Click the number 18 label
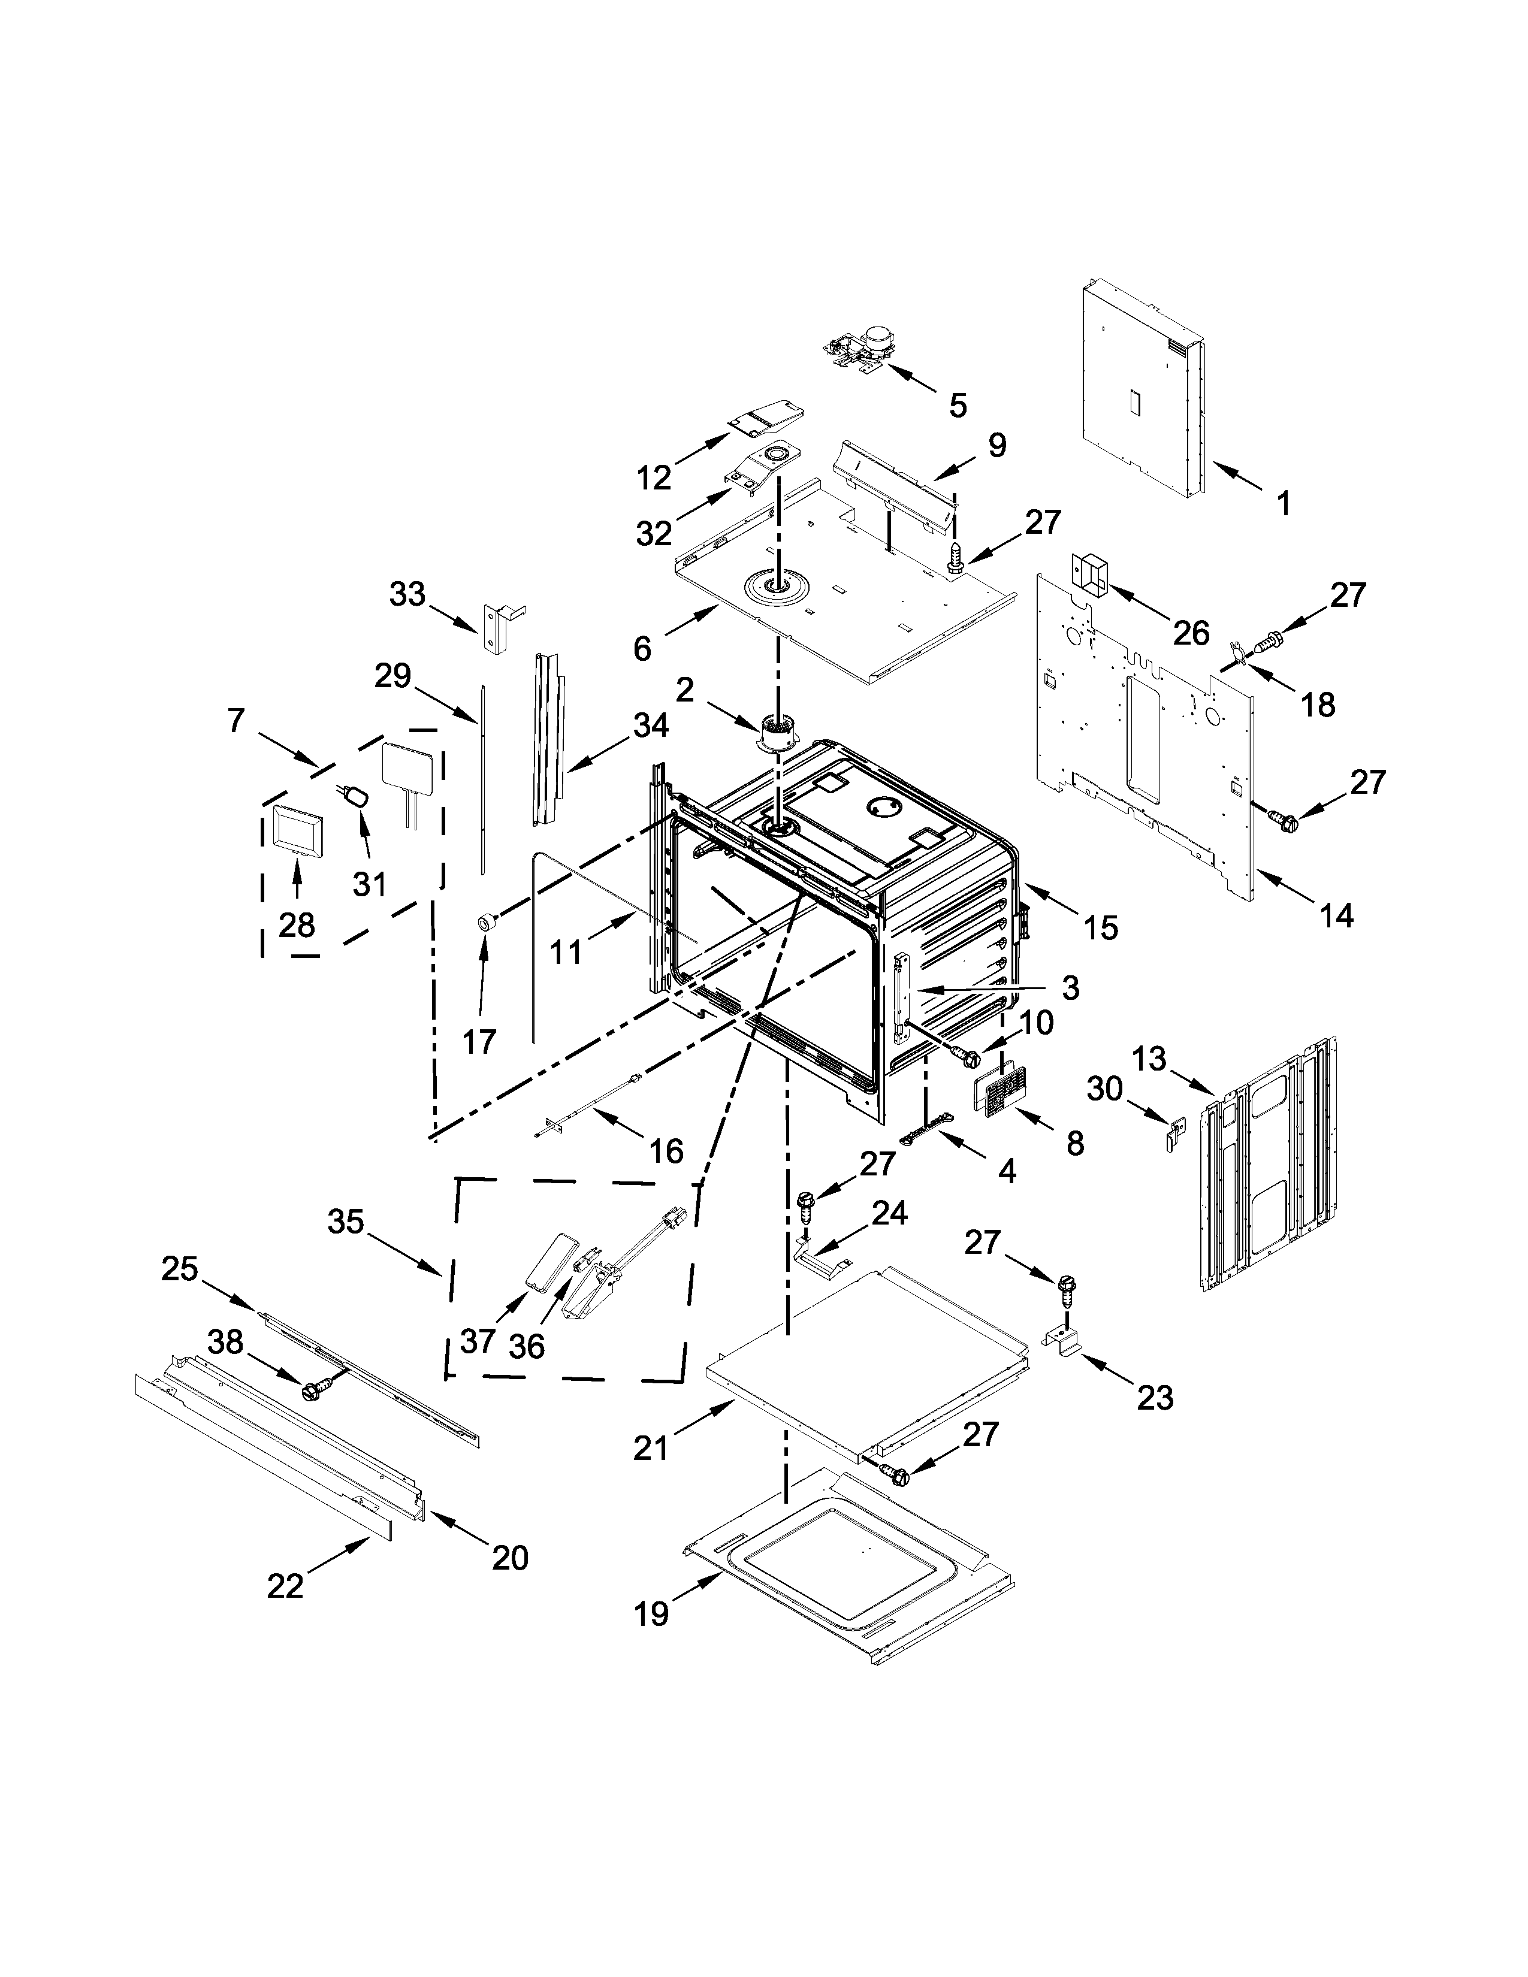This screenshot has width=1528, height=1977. (x=1319, y=705)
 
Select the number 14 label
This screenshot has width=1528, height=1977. (x=1336, y=915)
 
